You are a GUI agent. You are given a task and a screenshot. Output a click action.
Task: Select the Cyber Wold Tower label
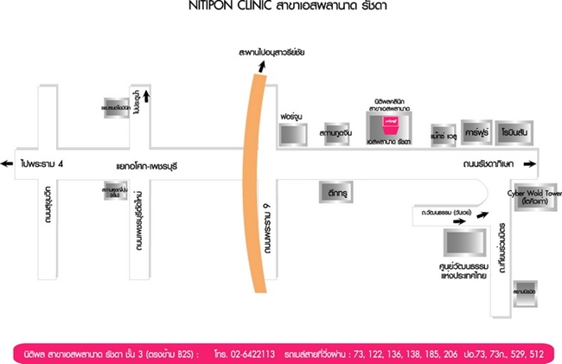[533, 193]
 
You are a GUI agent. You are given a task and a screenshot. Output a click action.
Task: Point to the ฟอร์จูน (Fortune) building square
[292, 134]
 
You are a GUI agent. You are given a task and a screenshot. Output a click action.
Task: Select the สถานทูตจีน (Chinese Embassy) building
[335, 134]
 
